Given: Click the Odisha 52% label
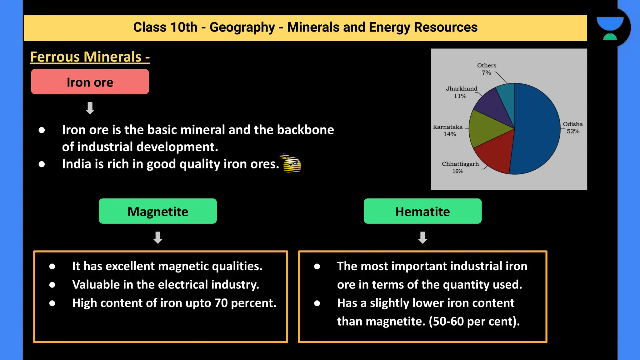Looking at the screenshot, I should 573,127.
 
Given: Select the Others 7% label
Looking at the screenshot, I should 487,69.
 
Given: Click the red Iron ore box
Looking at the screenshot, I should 90,82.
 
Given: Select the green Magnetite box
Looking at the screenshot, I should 158,211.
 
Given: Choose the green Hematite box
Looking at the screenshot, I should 422,211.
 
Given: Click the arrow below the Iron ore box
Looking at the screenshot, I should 90,108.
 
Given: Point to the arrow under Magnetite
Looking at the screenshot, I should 158,237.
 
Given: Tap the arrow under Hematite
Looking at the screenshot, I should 422,237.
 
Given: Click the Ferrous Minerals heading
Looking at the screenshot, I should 90,57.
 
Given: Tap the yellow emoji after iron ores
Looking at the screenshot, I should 292,163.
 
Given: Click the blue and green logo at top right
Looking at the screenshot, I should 610,28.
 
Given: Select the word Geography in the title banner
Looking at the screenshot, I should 242,27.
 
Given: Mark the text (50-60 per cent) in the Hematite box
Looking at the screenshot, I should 474,322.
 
